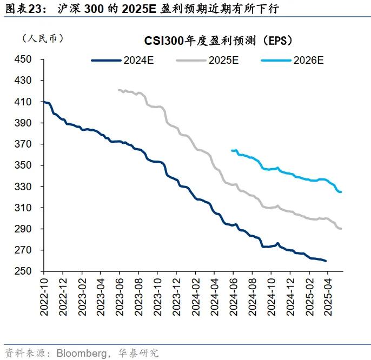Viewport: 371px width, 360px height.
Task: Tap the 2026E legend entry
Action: [x=308, y=60]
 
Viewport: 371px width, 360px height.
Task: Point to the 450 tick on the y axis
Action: [x=24, y=59]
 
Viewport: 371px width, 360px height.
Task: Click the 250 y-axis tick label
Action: [x=24, y=271]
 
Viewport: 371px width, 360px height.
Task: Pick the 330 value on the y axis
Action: [x=24, y=186]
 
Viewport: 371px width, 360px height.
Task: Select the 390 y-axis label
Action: [x=24, y=123]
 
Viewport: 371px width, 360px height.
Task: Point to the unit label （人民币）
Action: [x=42, y=38]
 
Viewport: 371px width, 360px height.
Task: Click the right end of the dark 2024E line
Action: [x=326, y=261]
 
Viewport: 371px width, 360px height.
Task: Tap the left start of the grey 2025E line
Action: [x=118, y=90]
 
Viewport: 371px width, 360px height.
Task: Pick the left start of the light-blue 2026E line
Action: [x=231, y=150]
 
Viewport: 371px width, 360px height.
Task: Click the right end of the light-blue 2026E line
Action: [x=341, y=192]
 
